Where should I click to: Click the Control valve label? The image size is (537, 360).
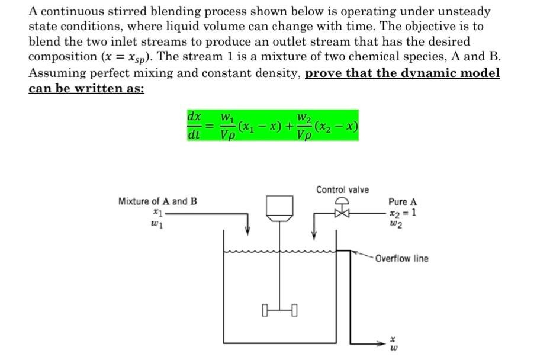click(342, 189)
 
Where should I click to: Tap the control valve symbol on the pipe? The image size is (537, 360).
click(342, 211)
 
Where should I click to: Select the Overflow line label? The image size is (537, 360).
click(401, 259)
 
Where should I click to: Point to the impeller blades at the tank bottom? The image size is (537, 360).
click(279, 309)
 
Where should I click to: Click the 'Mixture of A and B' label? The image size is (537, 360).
click(157, 201)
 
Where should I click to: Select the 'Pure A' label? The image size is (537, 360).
click(402, 202)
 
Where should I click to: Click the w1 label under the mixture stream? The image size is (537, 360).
click(156, 224)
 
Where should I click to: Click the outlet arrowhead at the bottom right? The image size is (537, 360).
click(384, 343)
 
